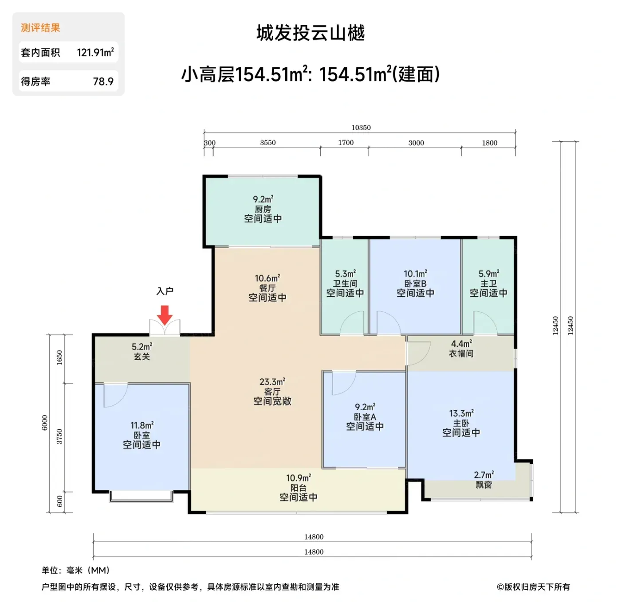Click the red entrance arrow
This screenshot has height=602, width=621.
click(x=165, y=315)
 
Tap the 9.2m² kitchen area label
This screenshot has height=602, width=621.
click(x=263, y=199)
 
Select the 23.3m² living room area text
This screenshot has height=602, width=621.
click(x=272, y=381)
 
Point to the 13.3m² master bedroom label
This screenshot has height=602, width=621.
click(x=461, y=413)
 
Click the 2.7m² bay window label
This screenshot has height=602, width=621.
click(x=484, y=475)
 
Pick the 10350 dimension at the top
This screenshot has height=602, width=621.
click(x=361, y=128)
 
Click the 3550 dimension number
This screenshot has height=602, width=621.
click(x=268, y=143)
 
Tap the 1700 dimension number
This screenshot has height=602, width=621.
click(x=346, y=143)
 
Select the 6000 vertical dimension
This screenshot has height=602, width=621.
click(x=44, y=423)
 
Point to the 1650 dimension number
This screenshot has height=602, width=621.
click(x=59, y=357)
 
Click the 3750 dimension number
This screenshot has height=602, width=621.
click(x=59, y=437)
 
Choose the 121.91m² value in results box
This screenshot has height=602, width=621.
click(x=95, y=52)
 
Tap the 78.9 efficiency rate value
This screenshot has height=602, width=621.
click(x=103, y=82)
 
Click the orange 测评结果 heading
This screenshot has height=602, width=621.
click(x=40, y=28)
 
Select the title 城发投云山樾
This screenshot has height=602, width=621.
click(x=310, y=33)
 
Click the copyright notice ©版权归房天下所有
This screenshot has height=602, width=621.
click(x=533, y=586)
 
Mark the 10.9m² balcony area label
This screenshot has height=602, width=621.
click(x=299, y=478)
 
